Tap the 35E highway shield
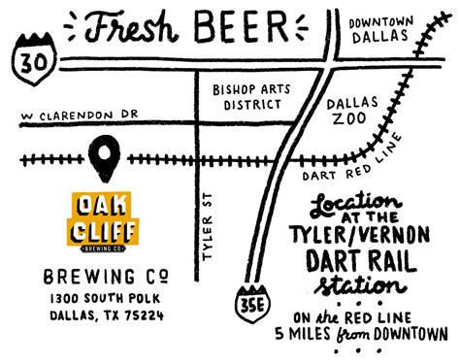pyautogui.click(x=247, y=302)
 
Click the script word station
pyautogui.click(x=359, y=287)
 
